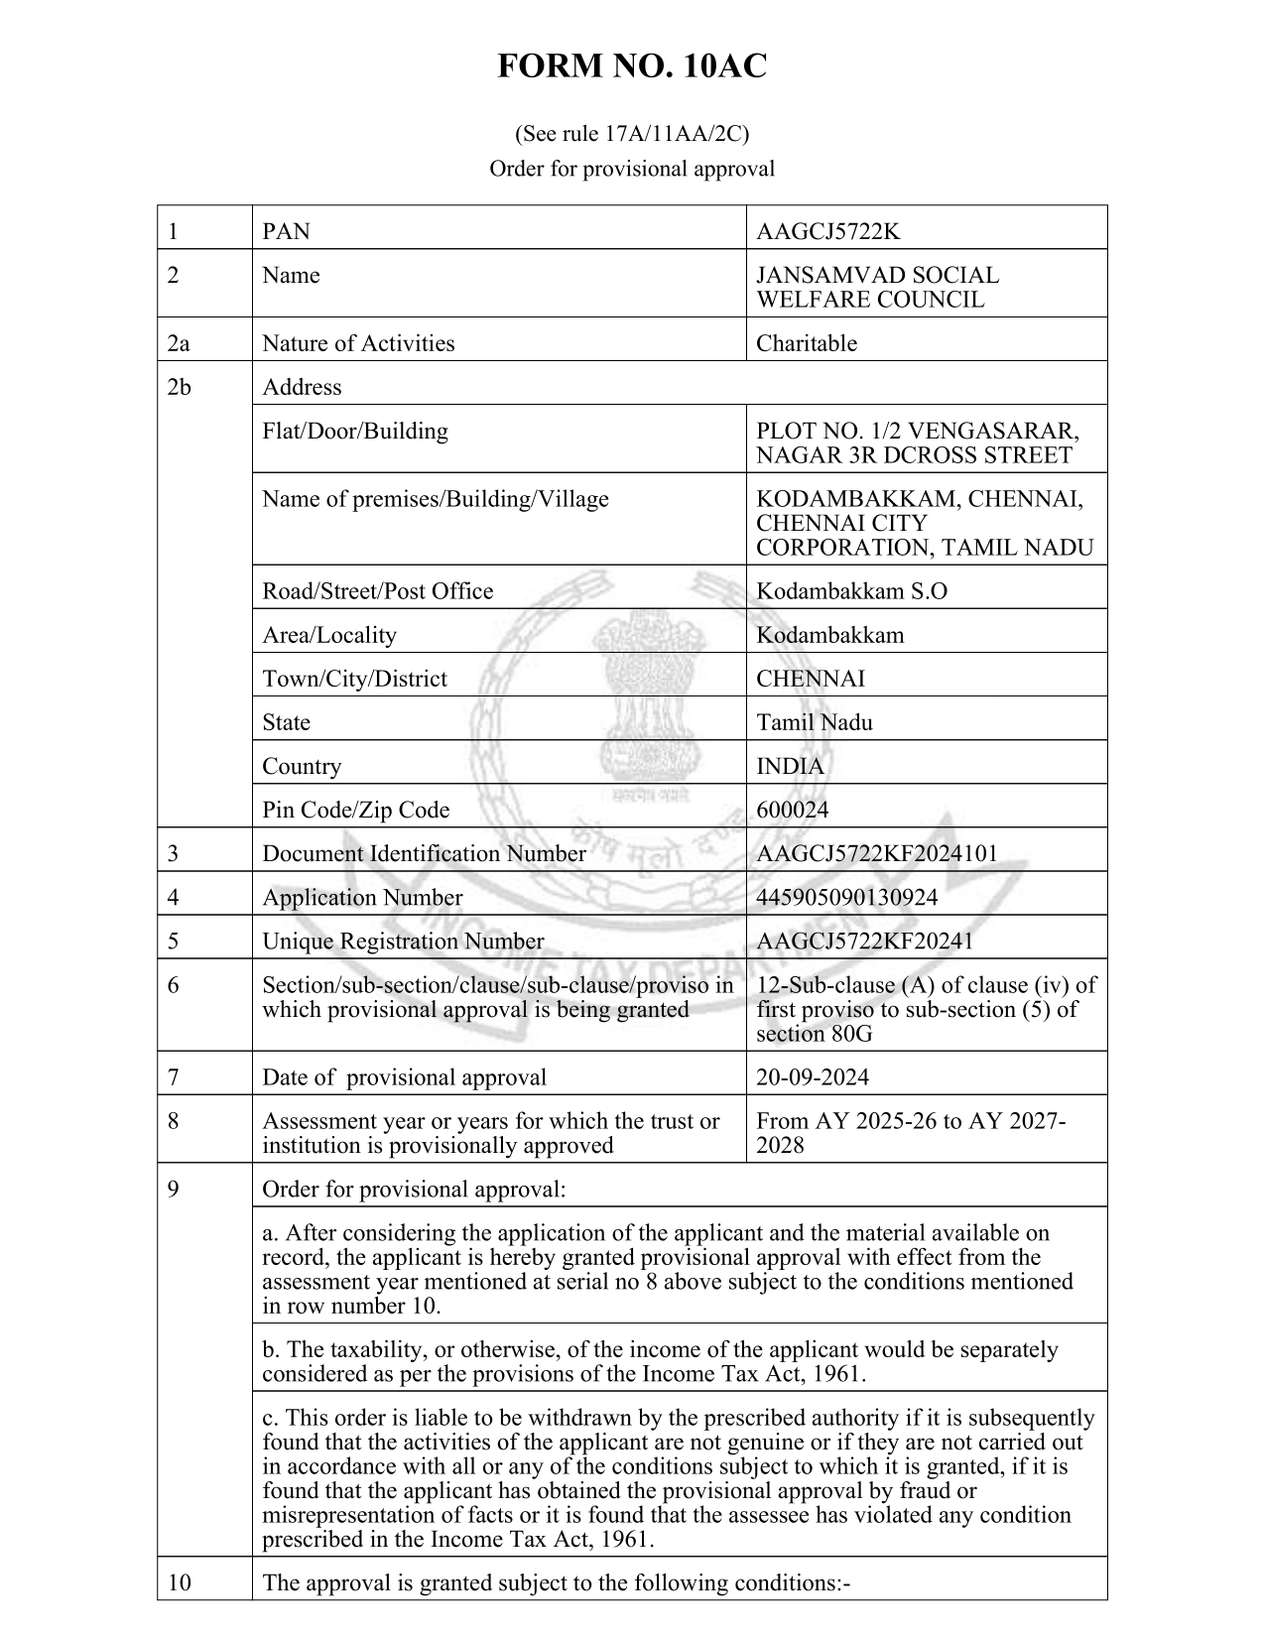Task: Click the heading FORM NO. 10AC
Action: point(631,66)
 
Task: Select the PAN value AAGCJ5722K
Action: point(827,232)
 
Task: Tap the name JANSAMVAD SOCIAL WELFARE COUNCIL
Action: point(877,288)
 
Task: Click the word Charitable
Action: point(806,343)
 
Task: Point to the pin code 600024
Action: point(792,810)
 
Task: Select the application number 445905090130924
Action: point(846,898)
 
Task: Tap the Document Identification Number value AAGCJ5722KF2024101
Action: point(877,854)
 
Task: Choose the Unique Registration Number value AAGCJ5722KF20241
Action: point(864,942)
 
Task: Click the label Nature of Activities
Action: point(358,343)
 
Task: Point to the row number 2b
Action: point(179,387)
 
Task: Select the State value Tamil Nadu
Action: point(815,722)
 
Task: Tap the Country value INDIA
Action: point(790,766)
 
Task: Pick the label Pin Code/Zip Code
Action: point(355,810)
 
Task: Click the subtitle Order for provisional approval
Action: point(631,169)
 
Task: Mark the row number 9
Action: point(174,1189)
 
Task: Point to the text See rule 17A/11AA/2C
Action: point(631,133)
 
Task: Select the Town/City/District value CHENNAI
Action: point(810,679)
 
